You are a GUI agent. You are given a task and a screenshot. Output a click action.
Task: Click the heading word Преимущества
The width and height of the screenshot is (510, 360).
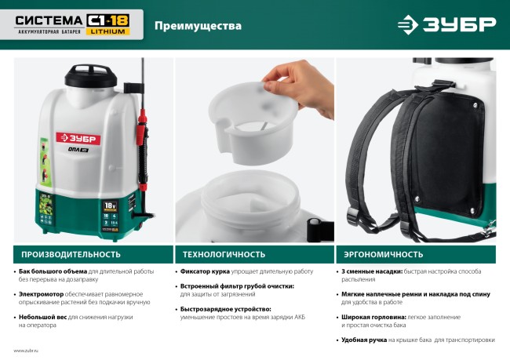pos(198,26)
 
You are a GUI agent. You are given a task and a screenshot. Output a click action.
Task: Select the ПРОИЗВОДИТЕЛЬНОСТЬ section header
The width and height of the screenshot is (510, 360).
pos(71,254)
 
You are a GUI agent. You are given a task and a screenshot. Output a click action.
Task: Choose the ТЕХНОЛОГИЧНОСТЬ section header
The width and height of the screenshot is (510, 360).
pos(224,254)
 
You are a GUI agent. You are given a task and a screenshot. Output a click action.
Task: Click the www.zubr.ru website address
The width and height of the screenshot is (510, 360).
pos(26,351)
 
